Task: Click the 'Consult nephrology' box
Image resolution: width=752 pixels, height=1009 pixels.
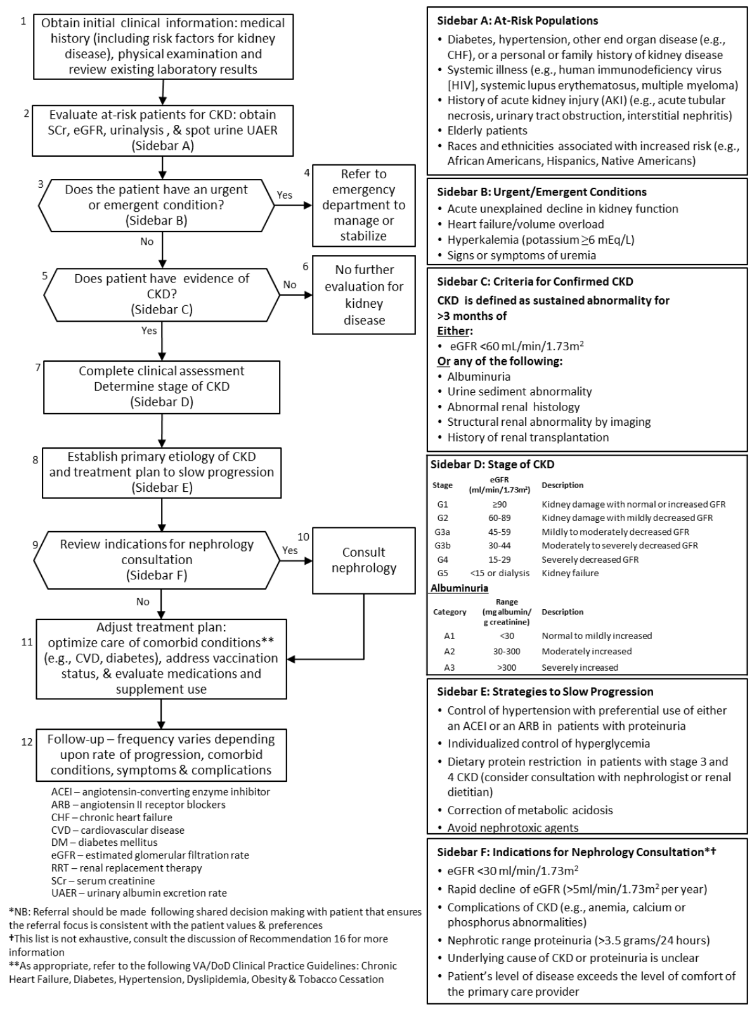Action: [363, 560]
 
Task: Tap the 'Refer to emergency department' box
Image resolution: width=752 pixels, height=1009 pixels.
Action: [363, 205]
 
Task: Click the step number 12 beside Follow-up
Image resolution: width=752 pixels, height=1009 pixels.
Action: [27, 741]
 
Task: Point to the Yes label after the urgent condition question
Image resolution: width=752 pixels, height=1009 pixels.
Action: [285, 195]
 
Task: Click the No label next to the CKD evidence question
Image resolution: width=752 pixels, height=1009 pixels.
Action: [290, 285]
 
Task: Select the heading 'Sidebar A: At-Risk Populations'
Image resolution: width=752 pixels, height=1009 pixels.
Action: [517, 21]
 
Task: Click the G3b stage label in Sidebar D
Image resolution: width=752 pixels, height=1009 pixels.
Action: [443, 546]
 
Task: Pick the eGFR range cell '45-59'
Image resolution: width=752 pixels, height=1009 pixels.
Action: [500, 532]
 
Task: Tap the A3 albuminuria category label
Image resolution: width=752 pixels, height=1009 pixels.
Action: [449, 668]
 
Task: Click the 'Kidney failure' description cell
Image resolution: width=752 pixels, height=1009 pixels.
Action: [569, 573]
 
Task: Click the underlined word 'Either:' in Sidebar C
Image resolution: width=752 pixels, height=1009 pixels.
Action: [455, 331]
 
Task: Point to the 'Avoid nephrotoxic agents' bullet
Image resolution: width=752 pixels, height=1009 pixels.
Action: [512, 828]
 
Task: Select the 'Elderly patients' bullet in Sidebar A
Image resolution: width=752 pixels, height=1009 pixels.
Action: [487, 131]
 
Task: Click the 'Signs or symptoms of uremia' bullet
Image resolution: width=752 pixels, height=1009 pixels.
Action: [521, 255]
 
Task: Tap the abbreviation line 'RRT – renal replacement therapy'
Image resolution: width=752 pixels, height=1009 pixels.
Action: [126, 868]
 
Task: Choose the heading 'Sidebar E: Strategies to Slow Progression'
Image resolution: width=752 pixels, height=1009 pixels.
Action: [545, 692]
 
